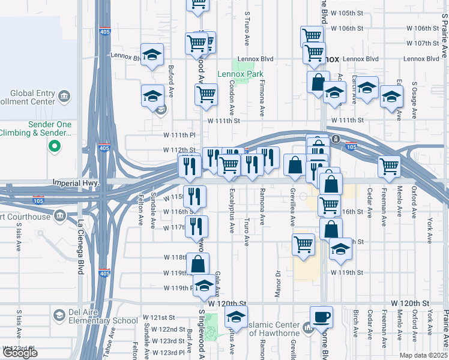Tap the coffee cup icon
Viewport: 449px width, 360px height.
click(321, 316)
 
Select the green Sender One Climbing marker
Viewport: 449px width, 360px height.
click(54, 145)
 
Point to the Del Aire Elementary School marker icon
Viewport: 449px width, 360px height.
click(59, 315)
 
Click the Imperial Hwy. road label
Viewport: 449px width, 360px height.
click(74, 182)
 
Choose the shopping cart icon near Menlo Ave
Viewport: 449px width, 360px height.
click(390, 166)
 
